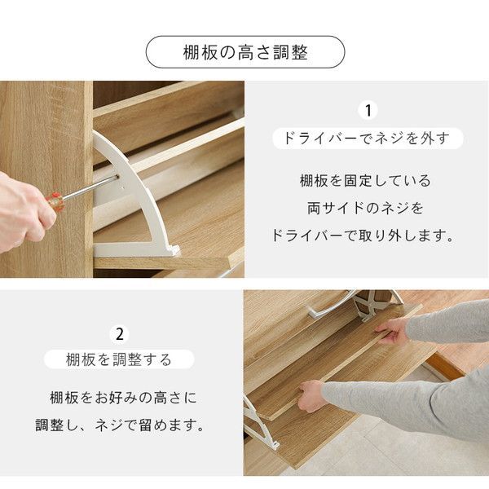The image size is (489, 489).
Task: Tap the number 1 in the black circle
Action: pyautogui.click(x=368, y=110)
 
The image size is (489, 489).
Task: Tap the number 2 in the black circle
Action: pyautogui.click(x=121, y=334)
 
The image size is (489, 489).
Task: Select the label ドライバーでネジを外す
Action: pyautogui.click(x=368, y=138)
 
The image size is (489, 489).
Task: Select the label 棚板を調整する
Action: pyautogui.click(x=120, y=359)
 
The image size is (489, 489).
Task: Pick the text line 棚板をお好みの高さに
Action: pyautogui.click(x=122, y=399)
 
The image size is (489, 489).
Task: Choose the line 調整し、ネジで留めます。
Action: pyautogui.click(x=120, y=425)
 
